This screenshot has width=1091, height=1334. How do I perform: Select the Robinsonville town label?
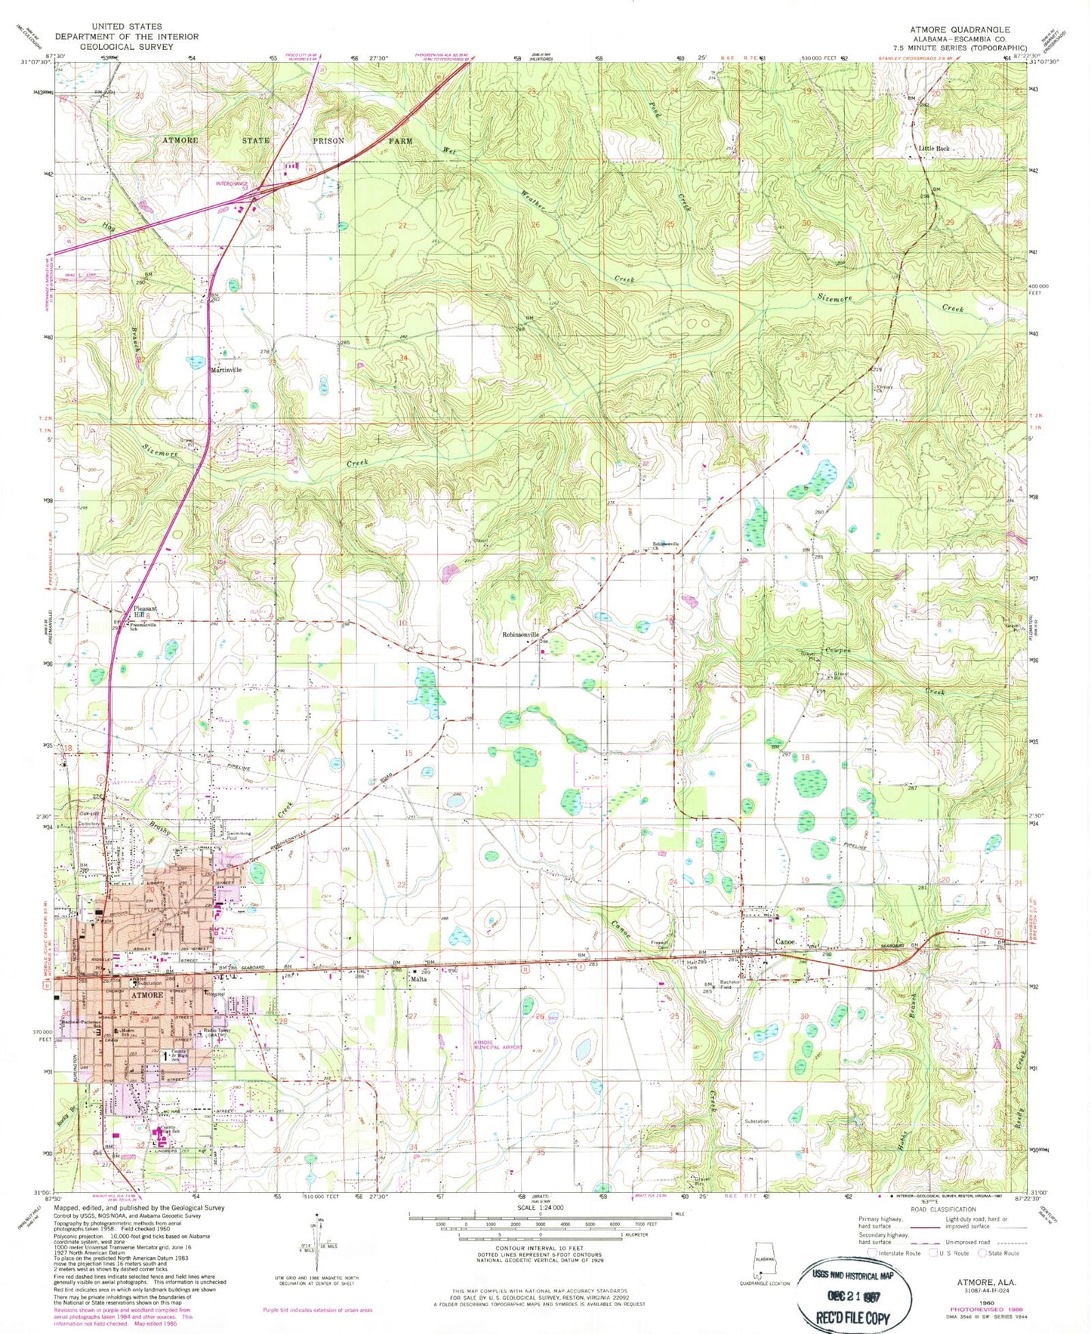coord(520,635)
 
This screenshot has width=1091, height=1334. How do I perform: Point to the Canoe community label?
coord(785,942)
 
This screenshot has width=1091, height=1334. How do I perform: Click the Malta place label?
coord(419,979)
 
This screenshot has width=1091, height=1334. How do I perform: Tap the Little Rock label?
coord(934,149)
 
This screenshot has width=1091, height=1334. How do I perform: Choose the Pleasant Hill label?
coord(144,612)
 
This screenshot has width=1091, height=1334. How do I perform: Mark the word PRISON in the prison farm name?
coord(328,140)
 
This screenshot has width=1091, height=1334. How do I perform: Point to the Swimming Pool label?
coord(239,836)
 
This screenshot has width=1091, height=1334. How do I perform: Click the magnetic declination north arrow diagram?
coord(318,1236)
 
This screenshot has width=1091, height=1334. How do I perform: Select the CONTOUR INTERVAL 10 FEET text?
coord(539,1248)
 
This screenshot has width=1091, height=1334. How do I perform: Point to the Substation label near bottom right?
coord(756,1121)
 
